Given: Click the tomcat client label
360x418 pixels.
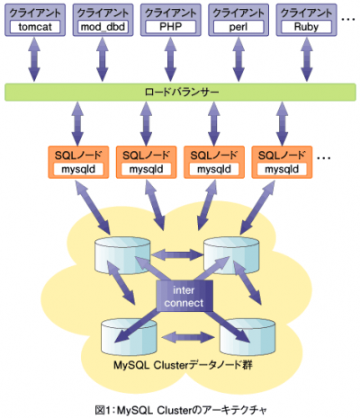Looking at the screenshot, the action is (x=35, y=27).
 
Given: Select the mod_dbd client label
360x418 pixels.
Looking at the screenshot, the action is (x=103, y=27).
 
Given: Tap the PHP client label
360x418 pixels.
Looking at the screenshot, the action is (x=171, y=27).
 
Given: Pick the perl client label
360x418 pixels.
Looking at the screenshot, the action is (x=238, y=27).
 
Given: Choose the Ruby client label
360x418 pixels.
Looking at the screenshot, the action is (x=306, y=27).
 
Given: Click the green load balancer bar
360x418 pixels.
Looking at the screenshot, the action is (x=180, y=92).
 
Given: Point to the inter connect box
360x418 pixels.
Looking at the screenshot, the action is (x=184, y=296).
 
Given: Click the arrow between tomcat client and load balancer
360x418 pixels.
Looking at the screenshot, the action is (x=34, y=59).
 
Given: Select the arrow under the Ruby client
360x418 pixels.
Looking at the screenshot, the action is (x=306, y=59).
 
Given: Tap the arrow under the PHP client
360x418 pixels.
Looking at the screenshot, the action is (x=171, y=59).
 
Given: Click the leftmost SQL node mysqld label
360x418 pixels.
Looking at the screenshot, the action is (x=78, y=169).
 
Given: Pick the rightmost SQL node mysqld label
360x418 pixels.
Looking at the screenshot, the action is (x=282, y=169).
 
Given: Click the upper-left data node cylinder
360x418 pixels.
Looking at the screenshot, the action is (x=122, y=254).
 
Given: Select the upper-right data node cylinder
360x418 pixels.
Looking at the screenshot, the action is (x=231, y=255).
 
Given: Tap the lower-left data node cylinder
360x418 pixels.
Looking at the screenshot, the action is (x=129, y=337).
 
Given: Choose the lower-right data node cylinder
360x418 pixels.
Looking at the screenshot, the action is (x=247, y=337).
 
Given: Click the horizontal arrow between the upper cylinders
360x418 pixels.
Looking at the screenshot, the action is (x=177, y=255).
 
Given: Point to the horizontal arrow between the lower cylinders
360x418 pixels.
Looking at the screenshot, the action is (x=188, y=337).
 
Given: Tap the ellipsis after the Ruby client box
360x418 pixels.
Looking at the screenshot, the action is (x=348, y=19).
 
